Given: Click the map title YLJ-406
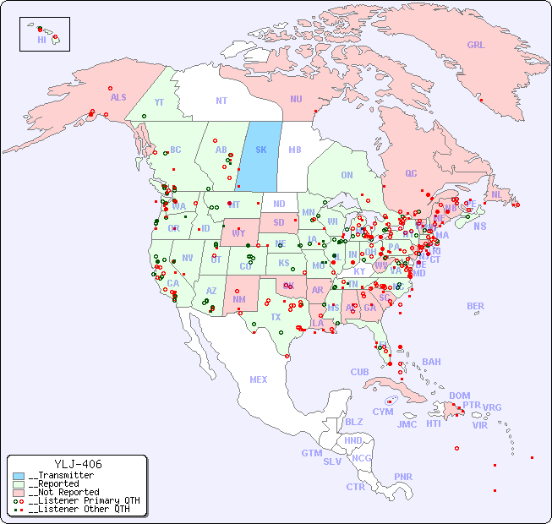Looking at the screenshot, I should pos(78,464).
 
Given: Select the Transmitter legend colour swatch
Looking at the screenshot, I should pos(19,476).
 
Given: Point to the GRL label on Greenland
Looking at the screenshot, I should pos(476,45).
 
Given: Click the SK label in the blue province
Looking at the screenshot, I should pos(261,150).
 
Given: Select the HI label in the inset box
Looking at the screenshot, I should pos(42,40).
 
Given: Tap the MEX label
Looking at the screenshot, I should pos(259,379).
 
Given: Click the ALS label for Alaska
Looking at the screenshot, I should pos(118,97).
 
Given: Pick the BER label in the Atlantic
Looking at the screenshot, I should pos(476,306).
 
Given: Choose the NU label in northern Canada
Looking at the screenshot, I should pos(296,99).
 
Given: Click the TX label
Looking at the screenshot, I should pos(276,317).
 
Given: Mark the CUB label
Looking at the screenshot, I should pos(360,372).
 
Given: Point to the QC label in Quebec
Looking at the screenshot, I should pos(411,173).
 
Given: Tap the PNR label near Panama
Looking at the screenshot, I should pos(403,477).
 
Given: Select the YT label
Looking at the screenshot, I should pos(159,101).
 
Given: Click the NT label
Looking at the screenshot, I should pos(221,100).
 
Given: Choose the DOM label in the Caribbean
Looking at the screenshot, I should pos(459,396).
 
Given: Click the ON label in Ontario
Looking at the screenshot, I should pos(347,175).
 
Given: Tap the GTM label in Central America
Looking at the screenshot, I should pos(311,453).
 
